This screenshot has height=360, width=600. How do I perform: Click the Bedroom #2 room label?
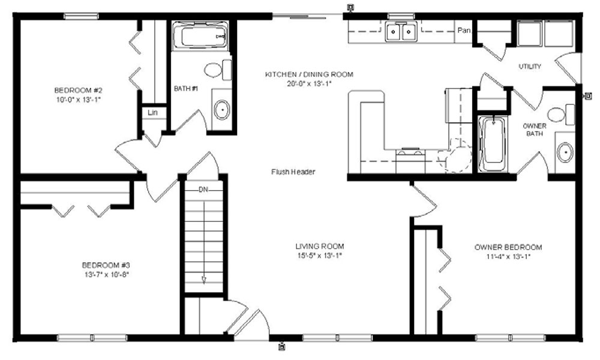tap(78, 91)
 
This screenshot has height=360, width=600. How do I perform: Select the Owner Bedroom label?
tap(508, 247)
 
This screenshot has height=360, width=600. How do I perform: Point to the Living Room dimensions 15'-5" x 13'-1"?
tap(320, 256)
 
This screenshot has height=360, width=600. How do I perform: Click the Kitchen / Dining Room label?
tap(309, 74)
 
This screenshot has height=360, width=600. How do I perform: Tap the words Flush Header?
tap(293, 172)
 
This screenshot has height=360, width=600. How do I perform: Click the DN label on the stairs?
tap(203, 190)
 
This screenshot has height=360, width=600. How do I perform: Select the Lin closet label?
tap(152, 112)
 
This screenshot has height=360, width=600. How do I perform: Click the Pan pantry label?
tap(464, 30)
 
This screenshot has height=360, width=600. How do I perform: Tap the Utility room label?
tap(530, 66)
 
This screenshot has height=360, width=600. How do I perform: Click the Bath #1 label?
tap(185, 88)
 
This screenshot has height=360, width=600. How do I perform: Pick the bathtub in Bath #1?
tap(200, 36)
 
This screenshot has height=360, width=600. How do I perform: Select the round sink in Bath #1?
tap(222, 110)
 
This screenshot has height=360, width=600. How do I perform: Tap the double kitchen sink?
tap(401, 31)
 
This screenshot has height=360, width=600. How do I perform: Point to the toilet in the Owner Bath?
tap(561, 115)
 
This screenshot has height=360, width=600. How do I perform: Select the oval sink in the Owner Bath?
tap(565, 152)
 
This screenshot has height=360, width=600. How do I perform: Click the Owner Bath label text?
tap(535, 130)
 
